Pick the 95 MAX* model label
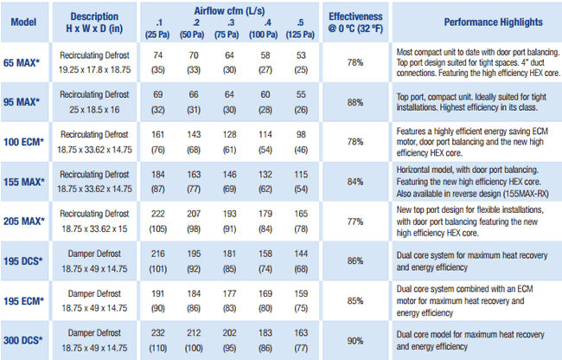pyautogui.click(x=23, y=102)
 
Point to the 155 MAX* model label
pyautogui.click(x=23, y=182)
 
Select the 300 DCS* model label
pyautogui.click(x=23, y=339)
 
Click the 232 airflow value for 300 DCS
pyautogui.click(x=157, y=332)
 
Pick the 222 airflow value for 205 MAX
pyautogui.click(x=157, y=214)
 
